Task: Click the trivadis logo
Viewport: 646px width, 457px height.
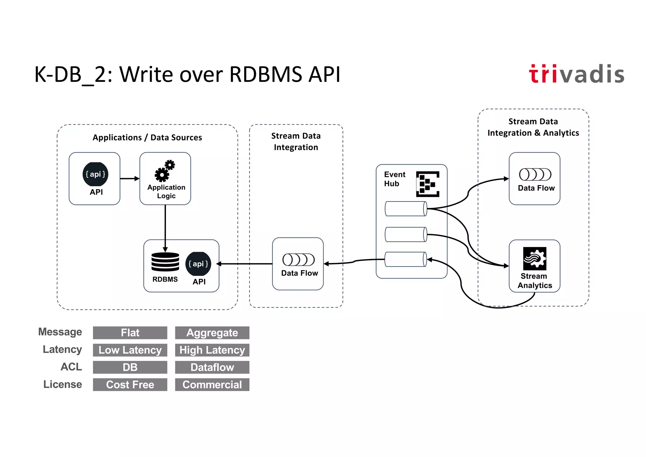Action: pyautogui.click(x=576, y=74)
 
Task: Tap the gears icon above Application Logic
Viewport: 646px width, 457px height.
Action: pyautogui.click(x=164, y=171)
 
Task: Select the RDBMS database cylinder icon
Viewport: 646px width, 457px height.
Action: pyautogui.click(x=165, y=262)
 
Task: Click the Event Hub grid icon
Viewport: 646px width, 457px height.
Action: pyautogui.click(x=427, y=184)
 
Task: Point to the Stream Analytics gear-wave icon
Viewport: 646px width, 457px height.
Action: pyautogui.click(x=534, y=258)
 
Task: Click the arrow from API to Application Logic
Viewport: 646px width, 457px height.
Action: pyautogui.click(x=130, y=178)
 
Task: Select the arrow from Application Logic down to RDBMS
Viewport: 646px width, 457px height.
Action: pyautogui.click(x=165, y=227)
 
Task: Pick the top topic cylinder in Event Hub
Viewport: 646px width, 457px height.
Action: pyautogui.click(x=406, y=209)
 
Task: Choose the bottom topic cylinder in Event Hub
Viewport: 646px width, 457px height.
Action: pyautogui.click(x=406, y=259)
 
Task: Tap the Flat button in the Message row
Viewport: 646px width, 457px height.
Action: pyautogui.click(x=130, y=333)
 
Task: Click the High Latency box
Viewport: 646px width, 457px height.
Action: pyautogui.click(x=212, y=350)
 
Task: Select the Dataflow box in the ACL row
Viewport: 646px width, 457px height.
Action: pyautogui.click(x=212, y=367)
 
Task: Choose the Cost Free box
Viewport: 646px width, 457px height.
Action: pyautogui.click(x=130, y=385)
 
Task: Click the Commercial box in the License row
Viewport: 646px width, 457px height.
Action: pyautogui.click(x=212, y=385)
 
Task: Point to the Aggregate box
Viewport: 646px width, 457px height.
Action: pyautogui.click(x=212, y=333)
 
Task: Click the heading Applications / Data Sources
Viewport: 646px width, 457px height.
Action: pyautogui.click(x=147, y=137)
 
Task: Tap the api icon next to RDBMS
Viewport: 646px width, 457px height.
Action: pyautogui.click(x=198, y=264)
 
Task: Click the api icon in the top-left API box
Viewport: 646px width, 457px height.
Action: pyautogui.click(x=95, y=174)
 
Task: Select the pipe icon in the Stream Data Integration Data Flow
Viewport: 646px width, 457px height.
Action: pyautogui.click(x=298, y=260)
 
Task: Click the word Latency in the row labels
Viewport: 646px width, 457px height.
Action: pyautogui.click(x=62, y=349)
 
